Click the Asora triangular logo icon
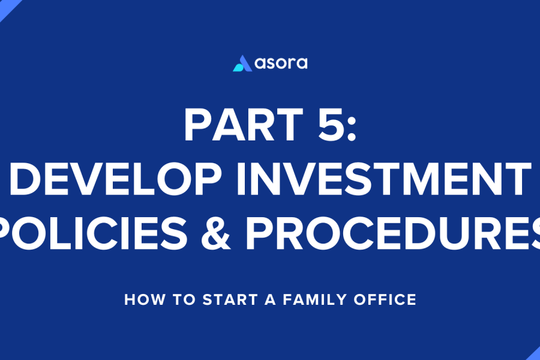click(x=242, y=64)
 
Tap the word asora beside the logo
click(x=281, y=63)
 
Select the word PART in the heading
click(x=244, y=124)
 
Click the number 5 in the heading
click(x=331, y=124)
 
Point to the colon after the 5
click(x=351, y=129)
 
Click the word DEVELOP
click(x=115, y=178)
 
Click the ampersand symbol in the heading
click(x=216, y=233)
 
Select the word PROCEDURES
click(x=392, y=233)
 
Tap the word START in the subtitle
click(x=230, y=299)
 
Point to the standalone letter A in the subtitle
click(x=271, y=299)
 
